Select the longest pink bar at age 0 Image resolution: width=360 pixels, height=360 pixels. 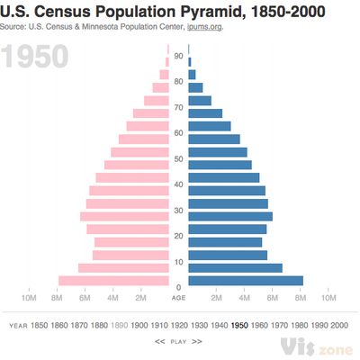coord(113,281)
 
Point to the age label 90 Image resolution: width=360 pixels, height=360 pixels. coord(179,56)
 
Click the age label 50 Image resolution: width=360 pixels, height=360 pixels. coord(179,158)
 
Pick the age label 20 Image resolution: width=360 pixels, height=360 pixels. coord(179,236)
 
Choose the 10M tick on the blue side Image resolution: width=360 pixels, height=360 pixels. coord(329,297)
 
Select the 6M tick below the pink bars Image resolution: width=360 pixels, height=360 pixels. coord(85,297)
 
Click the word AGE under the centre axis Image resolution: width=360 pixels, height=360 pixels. coord(179,298)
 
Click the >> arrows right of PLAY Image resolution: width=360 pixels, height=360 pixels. coord(197,342)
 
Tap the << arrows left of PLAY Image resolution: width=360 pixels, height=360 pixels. coord(160,342)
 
